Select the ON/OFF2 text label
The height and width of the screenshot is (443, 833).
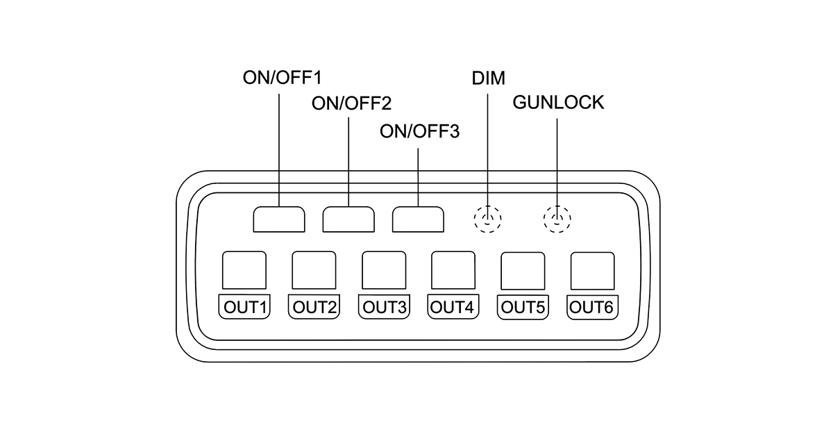(x=351, y=104)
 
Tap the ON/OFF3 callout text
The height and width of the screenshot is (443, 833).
(x=420, y=131)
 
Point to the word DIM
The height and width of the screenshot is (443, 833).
(x=489, y=76)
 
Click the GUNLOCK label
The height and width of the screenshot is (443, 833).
(x=558, y=103)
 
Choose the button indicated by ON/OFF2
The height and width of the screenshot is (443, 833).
(x=348, y=219)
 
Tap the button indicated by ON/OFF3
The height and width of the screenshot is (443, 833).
(x=418, y=219)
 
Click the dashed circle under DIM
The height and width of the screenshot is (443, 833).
(x=488, y=219)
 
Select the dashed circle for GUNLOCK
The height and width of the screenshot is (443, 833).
(x=557, y=219)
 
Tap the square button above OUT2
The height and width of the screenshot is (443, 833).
(x=314, y=270)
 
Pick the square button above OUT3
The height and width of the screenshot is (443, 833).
(x=384, y=270)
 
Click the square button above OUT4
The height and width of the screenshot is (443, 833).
(x=453, y=270)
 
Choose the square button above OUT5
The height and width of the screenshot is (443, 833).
(x=523, y=270)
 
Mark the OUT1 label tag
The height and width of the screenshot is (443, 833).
(x=244, y=306)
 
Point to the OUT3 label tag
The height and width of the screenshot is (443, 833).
(x=384, y=306)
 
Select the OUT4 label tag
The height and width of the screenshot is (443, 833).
(x=453, y=306)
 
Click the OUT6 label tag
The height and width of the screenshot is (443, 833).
(x=592, y=306)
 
